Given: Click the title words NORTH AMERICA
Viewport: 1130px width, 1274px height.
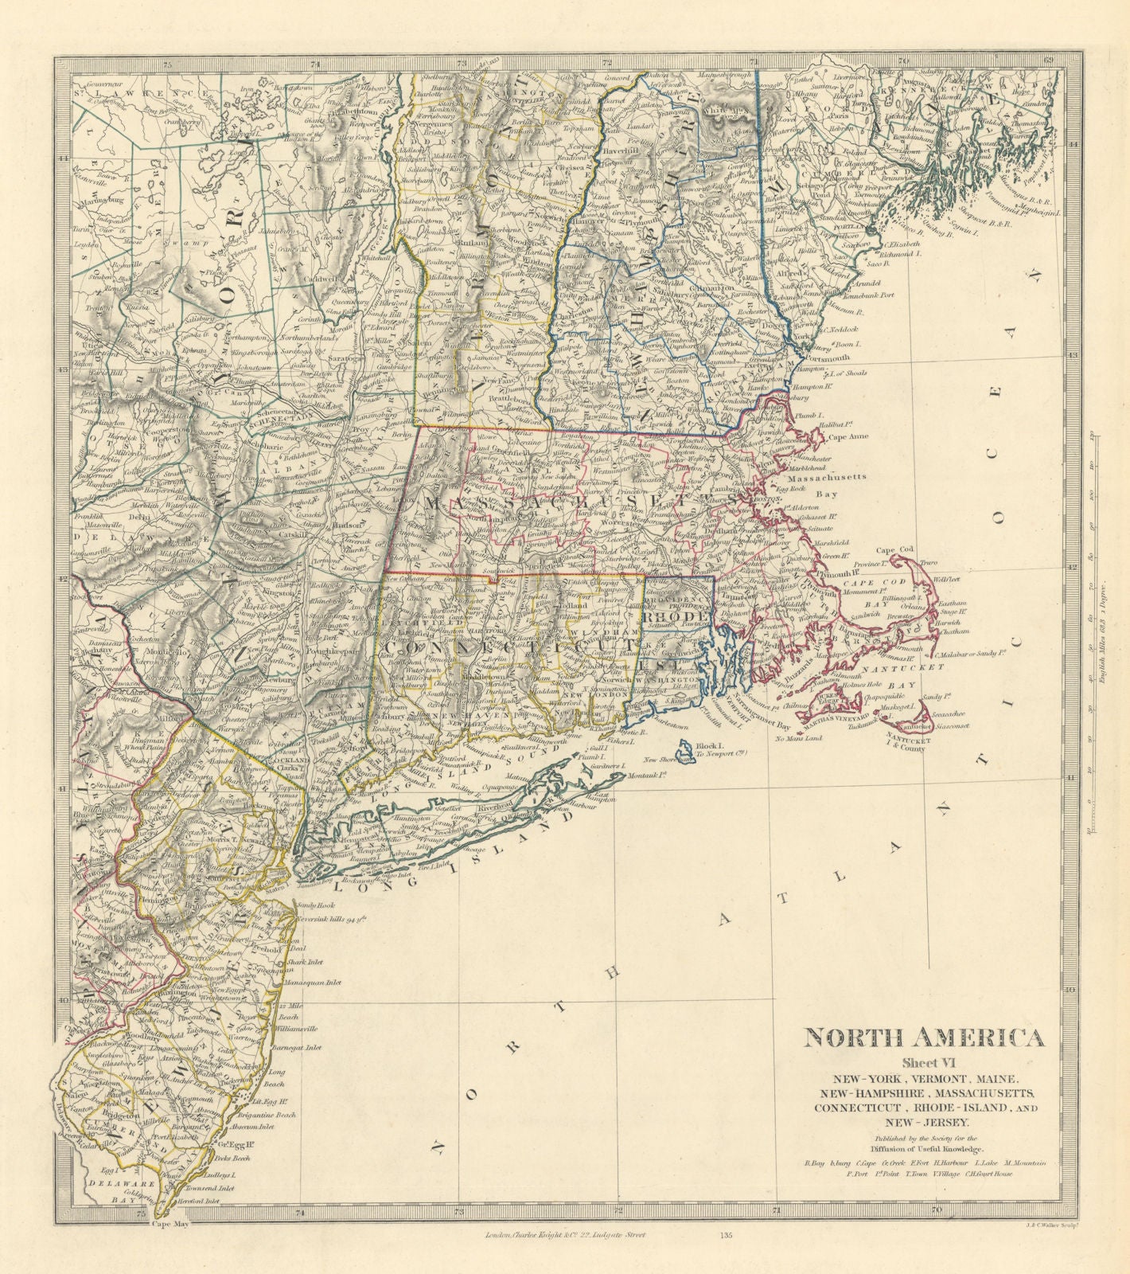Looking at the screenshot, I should coord(923,1038).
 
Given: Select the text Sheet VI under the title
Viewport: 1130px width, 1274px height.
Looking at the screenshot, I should coord(924,1061).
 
